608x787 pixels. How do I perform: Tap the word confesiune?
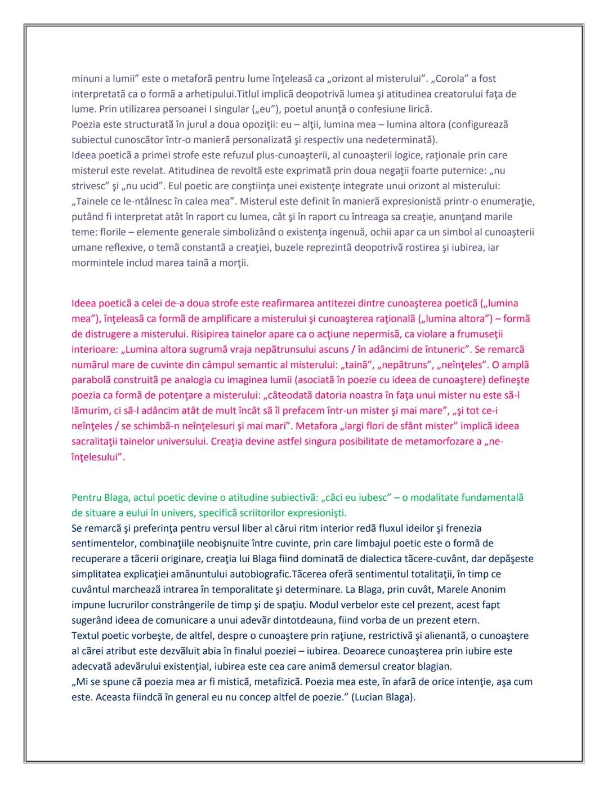click(x=368, y=109)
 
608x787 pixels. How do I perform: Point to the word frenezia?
click(x=463, y=528)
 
